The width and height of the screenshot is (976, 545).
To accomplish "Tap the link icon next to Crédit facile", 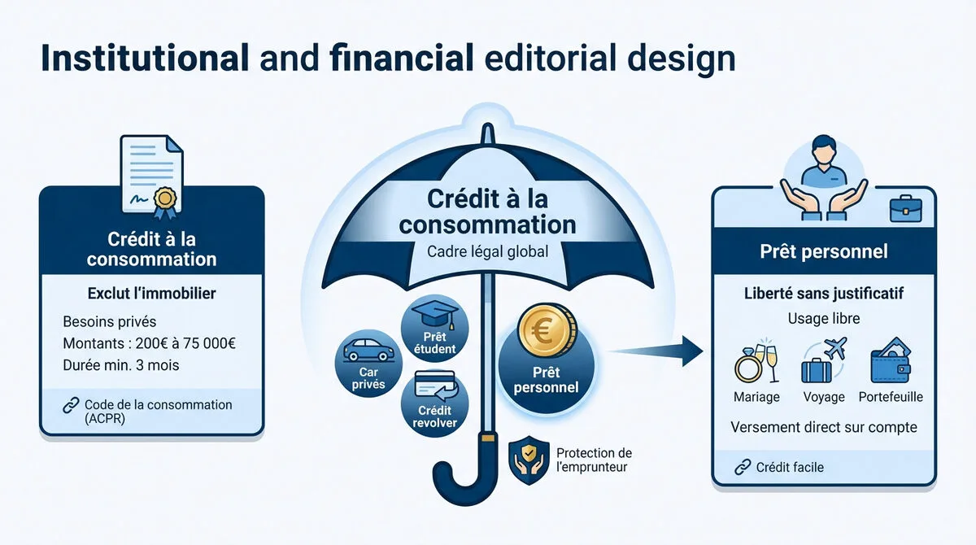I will (742, 467).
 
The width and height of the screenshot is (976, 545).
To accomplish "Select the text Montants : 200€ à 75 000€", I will (149, 342).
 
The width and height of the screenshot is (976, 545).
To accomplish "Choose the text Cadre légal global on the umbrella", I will (487, 251).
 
